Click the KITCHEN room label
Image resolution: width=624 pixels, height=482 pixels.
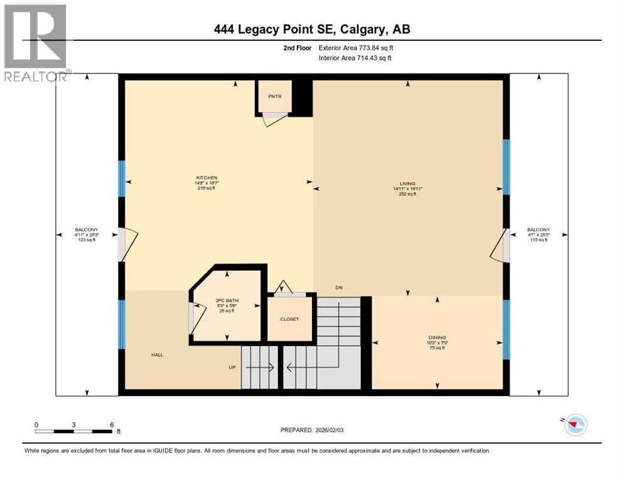point(206,178)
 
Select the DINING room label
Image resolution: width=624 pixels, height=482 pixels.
point(438,338)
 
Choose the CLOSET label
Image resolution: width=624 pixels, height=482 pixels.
point(289,319)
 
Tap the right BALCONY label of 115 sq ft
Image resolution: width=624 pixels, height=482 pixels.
point(538,230)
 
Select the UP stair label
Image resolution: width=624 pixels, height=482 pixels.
point(232,367)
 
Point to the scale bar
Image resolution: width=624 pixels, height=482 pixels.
point(74,431)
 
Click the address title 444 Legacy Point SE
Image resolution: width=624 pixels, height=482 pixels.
point(311,29)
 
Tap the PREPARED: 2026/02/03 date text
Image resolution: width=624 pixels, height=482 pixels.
point(311,430)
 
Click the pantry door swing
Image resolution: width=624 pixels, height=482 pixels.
point(274,119)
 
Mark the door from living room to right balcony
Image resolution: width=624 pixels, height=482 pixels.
point(500,245)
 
